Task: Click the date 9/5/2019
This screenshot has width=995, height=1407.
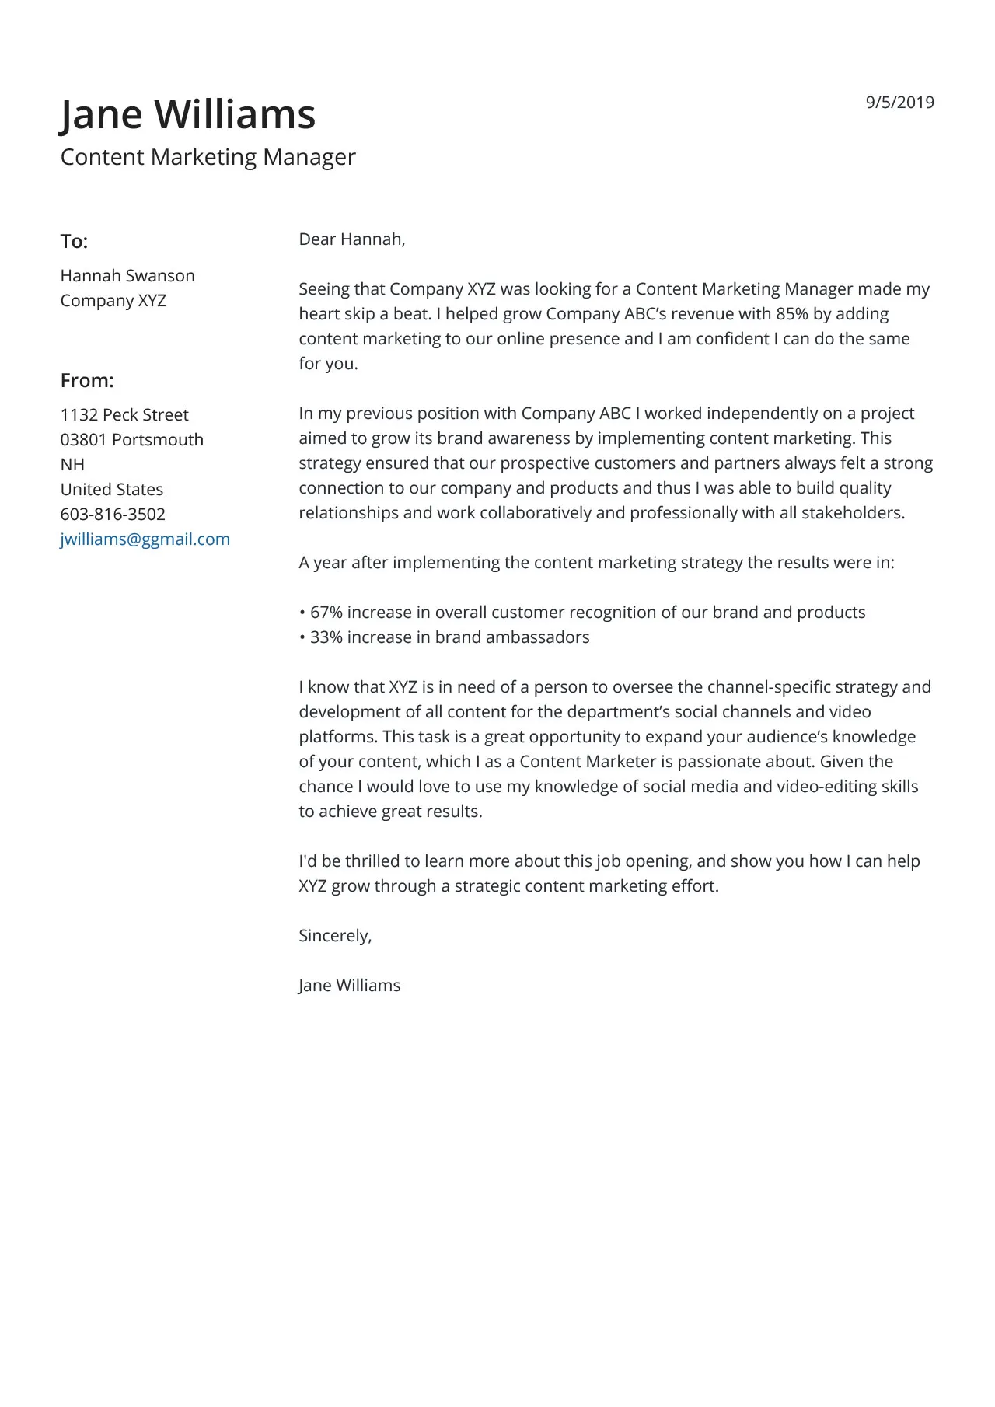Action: (x=899, y=103)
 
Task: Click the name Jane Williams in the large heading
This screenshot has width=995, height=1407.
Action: (x=188, y=114)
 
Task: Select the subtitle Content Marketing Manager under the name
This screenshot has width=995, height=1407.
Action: (x=208, y=157)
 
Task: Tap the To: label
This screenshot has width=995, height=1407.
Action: (x=74, y=242)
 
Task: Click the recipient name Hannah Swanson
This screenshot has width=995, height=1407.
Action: (x=127, y=276)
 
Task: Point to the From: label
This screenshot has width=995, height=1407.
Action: (x=87, y=381)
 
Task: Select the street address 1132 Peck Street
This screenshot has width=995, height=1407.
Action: (x=124, y=415)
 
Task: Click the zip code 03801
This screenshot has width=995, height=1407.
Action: (x=83, y=440)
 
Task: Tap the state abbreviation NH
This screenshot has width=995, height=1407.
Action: (x=72, y=465)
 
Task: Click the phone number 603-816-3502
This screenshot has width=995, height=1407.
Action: (x=113, y=515)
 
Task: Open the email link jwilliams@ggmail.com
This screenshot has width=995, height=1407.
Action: (x=145, y=539)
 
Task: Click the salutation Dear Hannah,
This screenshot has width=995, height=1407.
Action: (x=352, y=239)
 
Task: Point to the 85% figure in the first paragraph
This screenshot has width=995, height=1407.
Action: (x=791, y=314)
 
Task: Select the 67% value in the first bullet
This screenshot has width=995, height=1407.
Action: (x=326, y=613)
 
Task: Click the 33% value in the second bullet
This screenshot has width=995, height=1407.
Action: (x=326, y=637)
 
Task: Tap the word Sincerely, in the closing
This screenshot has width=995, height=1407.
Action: (x=335, y=936)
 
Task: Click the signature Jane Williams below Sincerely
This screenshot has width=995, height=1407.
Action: (x=349, y=986)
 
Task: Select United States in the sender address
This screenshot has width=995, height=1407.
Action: (x=112, y=490)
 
